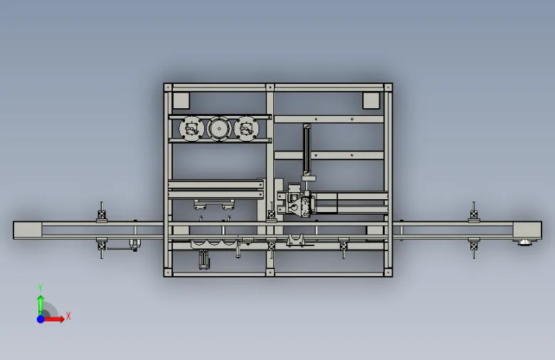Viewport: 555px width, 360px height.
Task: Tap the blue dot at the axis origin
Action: [41, 319]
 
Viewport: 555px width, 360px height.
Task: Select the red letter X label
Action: [68, 316]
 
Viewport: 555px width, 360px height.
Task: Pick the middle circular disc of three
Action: [219, 129]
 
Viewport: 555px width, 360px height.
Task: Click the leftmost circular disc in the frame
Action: [192, 129]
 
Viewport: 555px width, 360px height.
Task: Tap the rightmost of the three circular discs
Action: [246, 129]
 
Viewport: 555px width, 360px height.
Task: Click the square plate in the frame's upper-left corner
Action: [181, 100]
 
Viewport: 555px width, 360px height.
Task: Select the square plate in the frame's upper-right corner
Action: [371, 100]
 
